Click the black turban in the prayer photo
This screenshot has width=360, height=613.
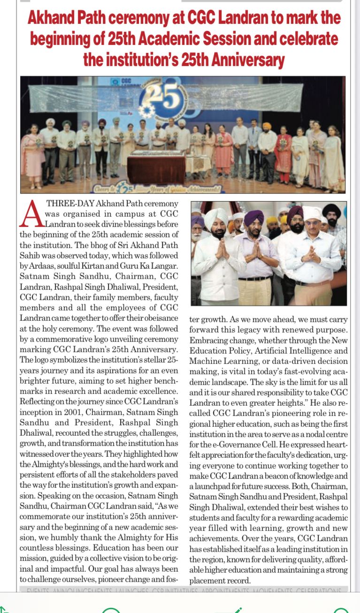[x=332, y=211]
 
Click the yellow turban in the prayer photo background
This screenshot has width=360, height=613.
[x=272, y=220]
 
